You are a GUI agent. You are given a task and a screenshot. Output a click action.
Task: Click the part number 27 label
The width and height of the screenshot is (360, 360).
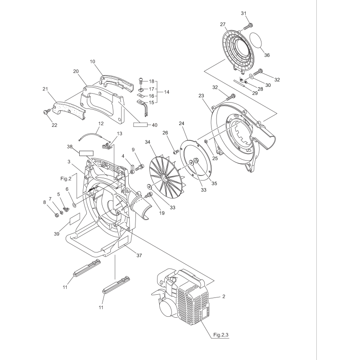click(222, 24)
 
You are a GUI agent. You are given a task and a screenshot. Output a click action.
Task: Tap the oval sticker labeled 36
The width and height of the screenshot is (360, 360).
click(258, 40)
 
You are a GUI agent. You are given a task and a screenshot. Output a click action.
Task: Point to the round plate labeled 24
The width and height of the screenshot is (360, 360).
click(195, 157)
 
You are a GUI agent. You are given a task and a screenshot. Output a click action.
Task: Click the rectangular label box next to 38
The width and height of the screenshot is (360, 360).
click(86, 153)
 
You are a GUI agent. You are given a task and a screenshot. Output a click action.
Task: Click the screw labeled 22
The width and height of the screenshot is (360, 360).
click(46, 110)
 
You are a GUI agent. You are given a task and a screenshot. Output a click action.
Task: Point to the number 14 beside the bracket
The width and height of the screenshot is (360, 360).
click(166, 92)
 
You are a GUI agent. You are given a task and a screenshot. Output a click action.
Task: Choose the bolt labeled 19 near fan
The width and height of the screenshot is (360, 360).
click(149, 194)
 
